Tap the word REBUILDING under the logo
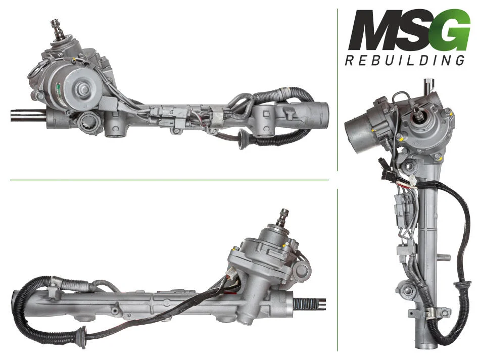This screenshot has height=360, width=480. click(405, 60)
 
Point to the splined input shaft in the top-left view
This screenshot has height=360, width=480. click(56, 29)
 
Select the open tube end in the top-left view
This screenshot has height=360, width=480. click(323, 114)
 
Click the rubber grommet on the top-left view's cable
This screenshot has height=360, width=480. click(243, 139)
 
